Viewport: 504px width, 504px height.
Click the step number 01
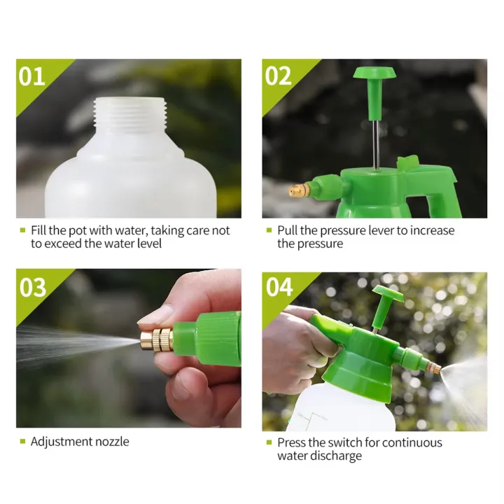click(x=32, y=76)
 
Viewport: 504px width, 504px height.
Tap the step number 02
click(x=279, y=76)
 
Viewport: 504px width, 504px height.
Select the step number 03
click(x=33, y=286)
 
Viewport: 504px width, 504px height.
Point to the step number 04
click(x=279, y=286)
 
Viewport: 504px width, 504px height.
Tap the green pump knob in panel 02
click(x=372, y=74)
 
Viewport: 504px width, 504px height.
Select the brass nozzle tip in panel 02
click(x=298, y=189)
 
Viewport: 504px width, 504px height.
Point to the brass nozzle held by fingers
click(x=158, y=339)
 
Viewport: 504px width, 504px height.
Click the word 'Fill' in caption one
click(x=38, y=230)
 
